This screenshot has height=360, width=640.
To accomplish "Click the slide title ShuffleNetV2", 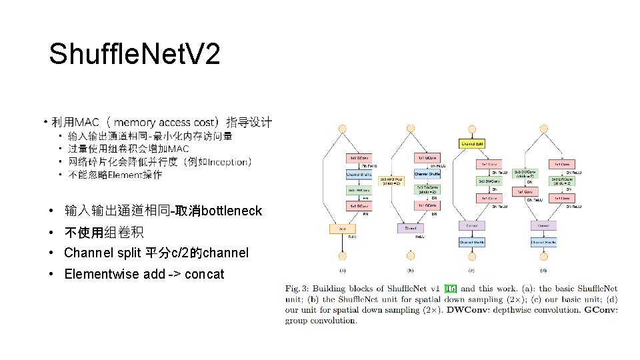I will click(x=134, y=54).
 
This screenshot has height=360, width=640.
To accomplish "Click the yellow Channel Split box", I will click(x=472, y=143).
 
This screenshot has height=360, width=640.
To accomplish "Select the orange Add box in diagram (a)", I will click(x=342, y=229).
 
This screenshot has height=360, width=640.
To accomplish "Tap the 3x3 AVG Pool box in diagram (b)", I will click(x=391, y=181).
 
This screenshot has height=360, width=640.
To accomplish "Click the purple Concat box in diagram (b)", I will click(x=409, y=229).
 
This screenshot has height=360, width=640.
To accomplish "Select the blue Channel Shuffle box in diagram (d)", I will click(x=543, y=243).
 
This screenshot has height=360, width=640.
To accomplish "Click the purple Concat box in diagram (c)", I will click(x=472, y=226).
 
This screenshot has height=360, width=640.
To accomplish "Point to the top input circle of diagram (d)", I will click(x=543, y=129).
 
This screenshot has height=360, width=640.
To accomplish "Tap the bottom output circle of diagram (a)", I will click(x=342, y=256).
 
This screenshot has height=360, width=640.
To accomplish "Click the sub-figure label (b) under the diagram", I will click(x=409, y=270).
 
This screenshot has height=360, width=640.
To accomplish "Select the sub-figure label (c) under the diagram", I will click(x=472, y=270).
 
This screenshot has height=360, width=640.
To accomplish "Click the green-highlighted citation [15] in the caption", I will click(x=451, y=289).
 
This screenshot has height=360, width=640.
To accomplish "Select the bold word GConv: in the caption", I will click(x=601, y=310).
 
